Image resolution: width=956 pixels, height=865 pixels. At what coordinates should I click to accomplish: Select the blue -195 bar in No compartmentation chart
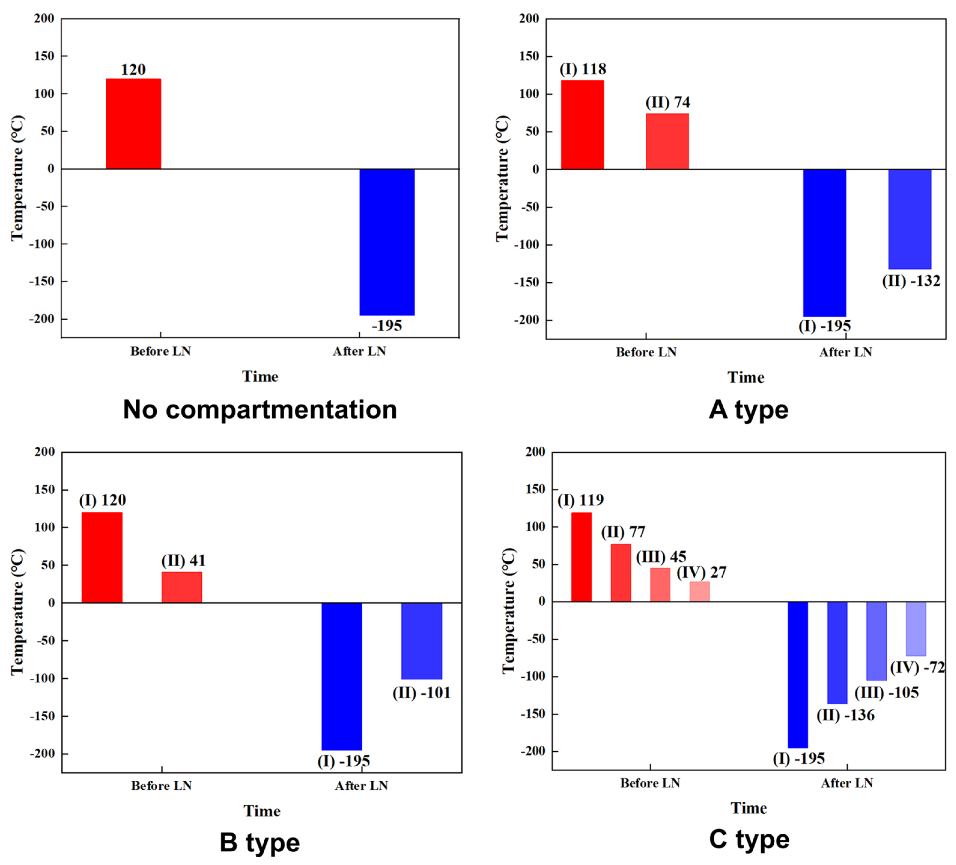click(387, 242)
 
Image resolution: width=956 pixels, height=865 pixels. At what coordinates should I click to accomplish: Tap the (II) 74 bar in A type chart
click(667, 141)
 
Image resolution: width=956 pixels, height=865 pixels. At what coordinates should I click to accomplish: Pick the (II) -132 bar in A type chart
click(909, 219)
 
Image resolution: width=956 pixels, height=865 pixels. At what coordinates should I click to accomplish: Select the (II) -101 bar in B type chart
click(422, 641)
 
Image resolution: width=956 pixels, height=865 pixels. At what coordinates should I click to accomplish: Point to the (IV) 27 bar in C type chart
click(699, 591)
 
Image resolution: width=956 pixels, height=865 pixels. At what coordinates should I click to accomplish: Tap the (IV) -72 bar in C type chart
click(916, 629)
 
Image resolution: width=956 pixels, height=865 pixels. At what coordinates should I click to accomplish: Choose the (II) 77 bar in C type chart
click(621, 573)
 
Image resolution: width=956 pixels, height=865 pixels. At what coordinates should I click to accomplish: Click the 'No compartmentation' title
click(260, 409)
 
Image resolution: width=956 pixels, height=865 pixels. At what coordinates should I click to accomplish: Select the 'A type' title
click(748, 409)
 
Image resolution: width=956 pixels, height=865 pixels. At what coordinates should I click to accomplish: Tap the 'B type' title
click(260, 842)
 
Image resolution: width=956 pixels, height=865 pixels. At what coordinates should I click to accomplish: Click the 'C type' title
click(749, 839)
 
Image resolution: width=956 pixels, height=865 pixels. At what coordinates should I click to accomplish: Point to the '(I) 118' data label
click(583, 69)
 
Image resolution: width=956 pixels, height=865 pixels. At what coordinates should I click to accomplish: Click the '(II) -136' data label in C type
click(846, 715)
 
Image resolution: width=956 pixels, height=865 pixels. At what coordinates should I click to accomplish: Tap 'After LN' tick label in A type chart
click(846, 352)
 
